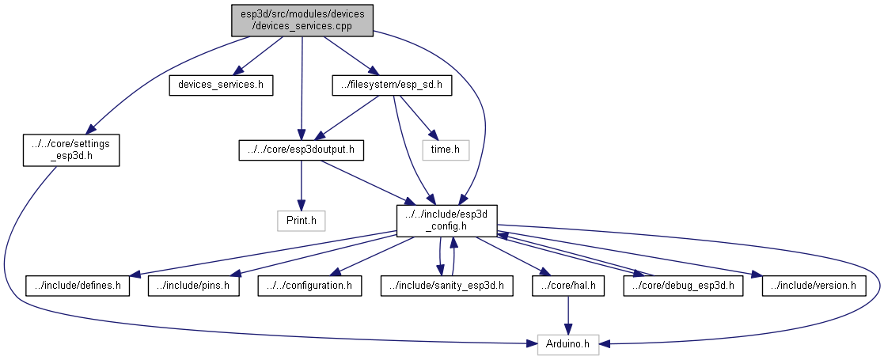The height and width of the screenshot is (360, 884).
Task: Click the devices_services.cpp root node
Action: [x=302, y=20]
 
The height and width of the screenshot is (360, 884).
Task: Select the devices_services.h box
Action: [x=221, y=85]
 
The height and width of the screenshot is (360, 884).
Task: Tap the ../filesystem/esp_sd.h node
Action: [x=392, y=85]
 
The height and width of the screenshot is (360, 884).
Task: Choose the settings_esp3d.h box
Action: [x=71, y=150]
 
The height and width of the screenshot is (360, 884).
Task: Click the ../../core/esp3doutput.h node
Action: [x=300, y=150]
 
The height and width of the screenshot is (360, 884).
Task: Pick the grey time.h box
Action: [x=445, y=150]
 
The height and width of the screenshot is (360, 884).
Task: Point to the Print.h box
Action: [x=300, y=220]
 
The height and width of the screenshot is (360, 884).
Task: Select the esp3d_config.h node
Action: [x=446, y=219]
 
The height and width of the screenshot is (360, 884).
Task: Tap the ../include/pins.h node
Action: [x=194, y=285]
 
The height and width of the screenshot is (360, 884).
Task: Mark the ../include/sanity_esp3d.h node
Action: [x=447, y=285]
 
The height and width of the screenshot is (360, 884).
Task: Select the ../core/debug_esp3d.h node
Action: [x=684, y=285]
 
